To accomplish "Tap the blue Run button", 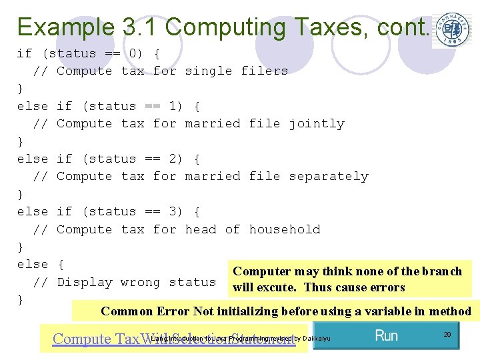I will point(386,335).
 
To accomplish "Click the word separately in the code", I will point(328,176).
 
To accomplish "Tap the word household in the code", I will point(285,229).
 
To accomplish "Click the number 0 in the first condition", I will point(133,53).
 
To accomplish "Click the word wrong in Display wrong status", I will point(140,282).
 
